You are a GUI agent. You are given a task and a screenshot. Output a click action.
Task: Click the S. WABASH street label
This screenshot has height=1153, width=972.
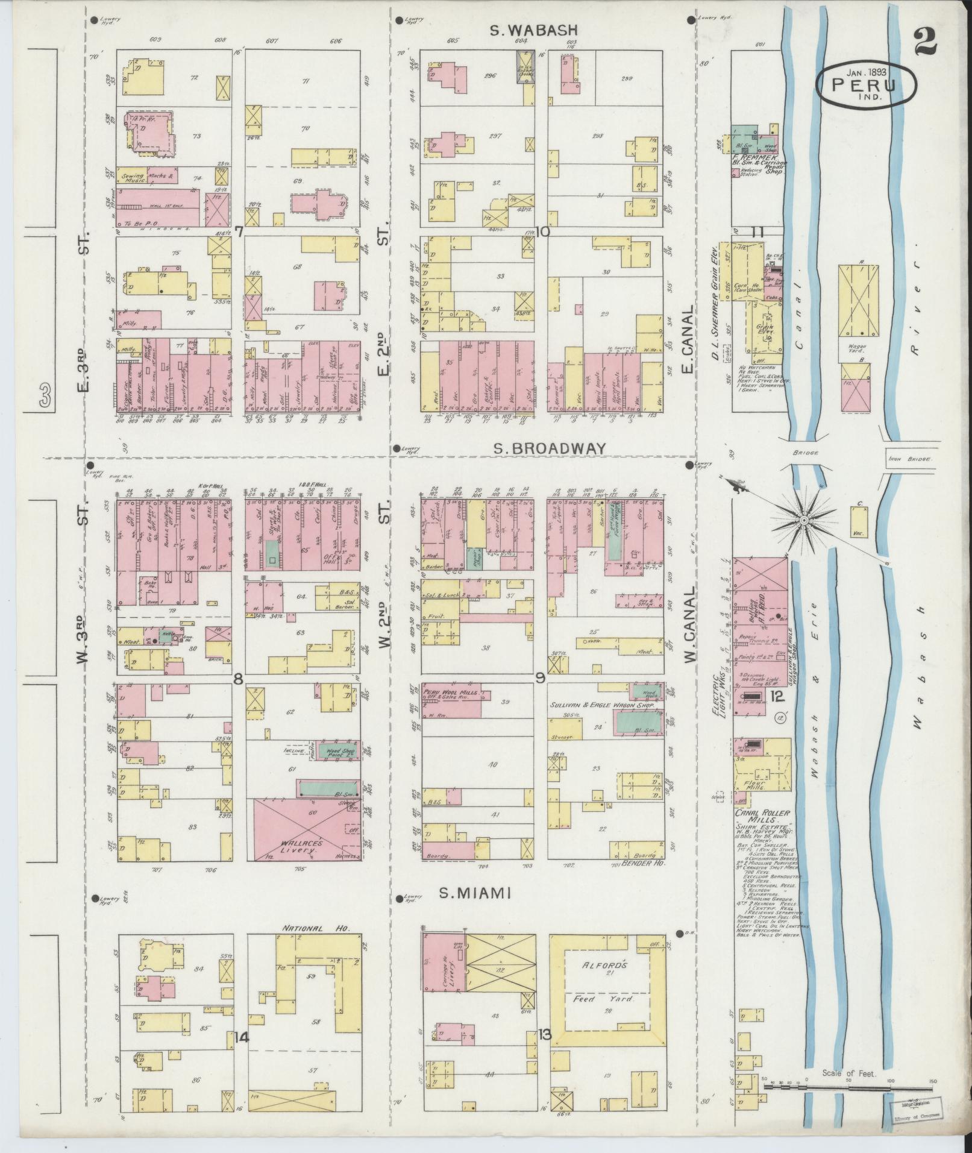tap(533, 30)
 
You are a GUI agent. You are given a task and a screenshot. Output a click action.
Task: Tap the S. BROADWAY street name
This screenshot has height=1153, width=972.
tap(549, 448)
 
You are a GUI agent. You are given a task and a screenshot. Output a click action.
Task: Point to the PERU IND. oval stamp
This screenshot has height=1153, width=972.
tap(866, 87)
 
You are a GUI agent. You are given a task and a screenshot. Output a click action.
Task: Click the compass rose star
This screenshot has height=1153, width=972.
tap(804, 519)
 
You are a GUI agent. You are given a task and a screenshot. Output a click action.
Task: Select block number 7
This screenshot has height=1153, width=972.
tap(239, 231)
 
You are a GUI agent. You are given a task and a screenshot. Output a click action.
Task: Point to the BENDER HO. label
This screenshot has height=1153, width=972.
tap(643, 866)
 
